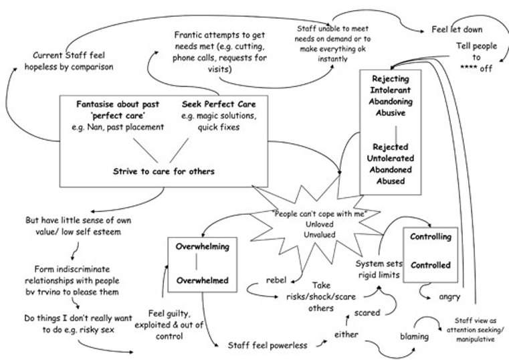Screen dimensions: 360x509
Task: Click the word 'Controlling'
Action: [431, 237]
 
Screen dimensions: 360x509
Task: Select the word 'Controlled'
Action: [431, 264]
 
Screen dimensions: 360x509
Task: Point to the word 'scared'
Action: [367, 312]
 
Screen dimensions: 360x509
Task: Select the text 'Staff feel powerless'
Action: [268, 345]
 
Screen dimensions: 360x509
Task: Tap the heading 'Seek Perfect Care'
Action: [219, 105]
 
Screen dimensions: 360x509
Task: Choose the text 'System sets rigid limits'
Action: [379, 269]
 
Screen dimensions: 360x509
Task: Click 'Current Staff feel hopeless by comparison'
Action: [72, 60]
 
